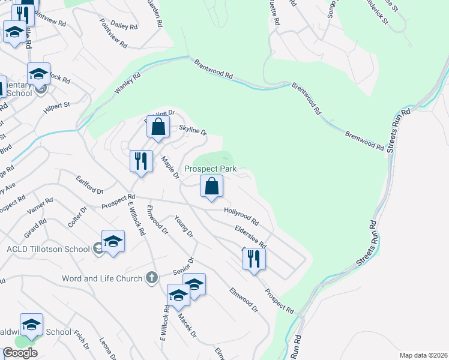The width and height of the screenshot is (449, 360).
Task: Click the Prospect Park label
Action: (x=211, y=169)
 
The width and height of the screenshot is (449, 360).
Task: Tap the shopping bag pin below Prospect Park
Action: (x=212, y=187)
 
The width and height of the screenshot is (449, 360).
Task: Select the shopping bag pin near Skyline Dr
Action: (x=158, y=127)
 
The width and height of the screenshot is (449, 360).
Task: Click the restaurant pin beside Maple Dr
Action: (x=141, y=161)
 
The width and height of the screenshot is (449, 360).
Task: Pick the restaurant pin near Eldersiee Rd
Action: (x=254, y=259)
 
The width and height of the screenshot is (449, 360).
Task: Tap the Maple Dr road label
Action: (x=170, y=167)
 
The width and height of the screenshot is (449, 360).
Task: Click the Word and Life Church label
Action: (x=102, y=278)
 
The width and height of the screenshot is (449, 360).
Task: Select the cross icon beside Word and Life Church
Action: (x=152, y=278)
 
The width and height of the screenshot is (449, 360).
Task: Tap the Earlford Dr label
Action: (x=90, y=184)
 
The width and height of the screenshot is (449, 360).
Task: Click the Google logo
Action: (x=20, y=352)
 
